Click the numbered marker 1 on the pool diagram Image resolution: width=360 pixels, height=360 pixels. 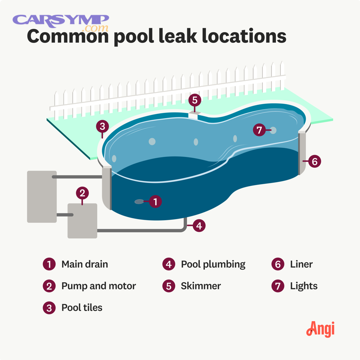pyautogui.click(x=155, y=201)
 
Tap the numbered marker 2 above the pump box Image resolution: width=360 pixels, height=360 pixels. pyautogui.click(x=82, y=193)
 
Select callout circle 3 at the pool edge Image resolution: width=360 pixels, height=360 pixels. pyautogui.click(x=102, y=127)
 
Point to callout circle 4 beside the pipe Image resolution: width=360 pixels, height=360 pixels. pyautogui.click(x=199, y=226)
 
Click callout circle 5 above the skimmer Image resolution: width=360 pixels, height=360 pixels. pyautogui.click(x=194, y=100)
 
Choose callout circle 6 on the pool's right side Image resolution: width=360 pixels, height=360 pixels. pyautogui.click(x=314, y=161)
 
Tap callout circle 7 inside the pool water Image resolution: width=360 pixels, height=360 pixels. pyautogui.click(x=259, y=130)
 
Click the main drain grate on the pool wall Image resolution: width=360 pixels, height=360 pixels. pyautogui.click(x=139, y=201)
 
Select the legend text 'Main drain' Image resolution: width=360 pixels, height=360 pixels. pyautogui.click(x=84, y=264)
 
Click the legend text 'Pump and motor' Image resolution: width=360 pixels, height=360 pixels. pyautogui.click(x=98, y=286)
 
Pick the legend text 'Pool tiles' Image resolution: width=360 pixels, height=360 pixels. pyautogui.click(x=82, y=308)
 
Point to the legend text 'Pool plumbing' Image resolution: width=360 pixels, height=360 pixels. pyautogui.click(x=213, y=264)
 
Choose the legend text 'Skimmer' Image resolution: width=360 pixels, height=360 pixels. pyautogui.click(x=200, y=286)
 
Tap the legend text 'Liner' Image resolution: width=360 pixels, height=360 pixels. pyautogui.click(x=301, y=264)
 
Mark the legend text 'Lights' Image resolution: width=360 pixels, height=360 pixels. pyautogui.click(x=304, y=286)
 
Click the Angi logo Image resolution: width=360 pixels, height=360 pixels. pyautogui.click(x=320, y=329)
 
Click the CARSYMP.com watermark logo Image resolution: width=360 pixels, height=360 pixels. pyautogui.click(x=60, y=22)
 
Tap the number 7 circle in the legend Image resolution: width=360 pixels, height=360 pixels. pyautogui.click(x=278, y=286)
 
